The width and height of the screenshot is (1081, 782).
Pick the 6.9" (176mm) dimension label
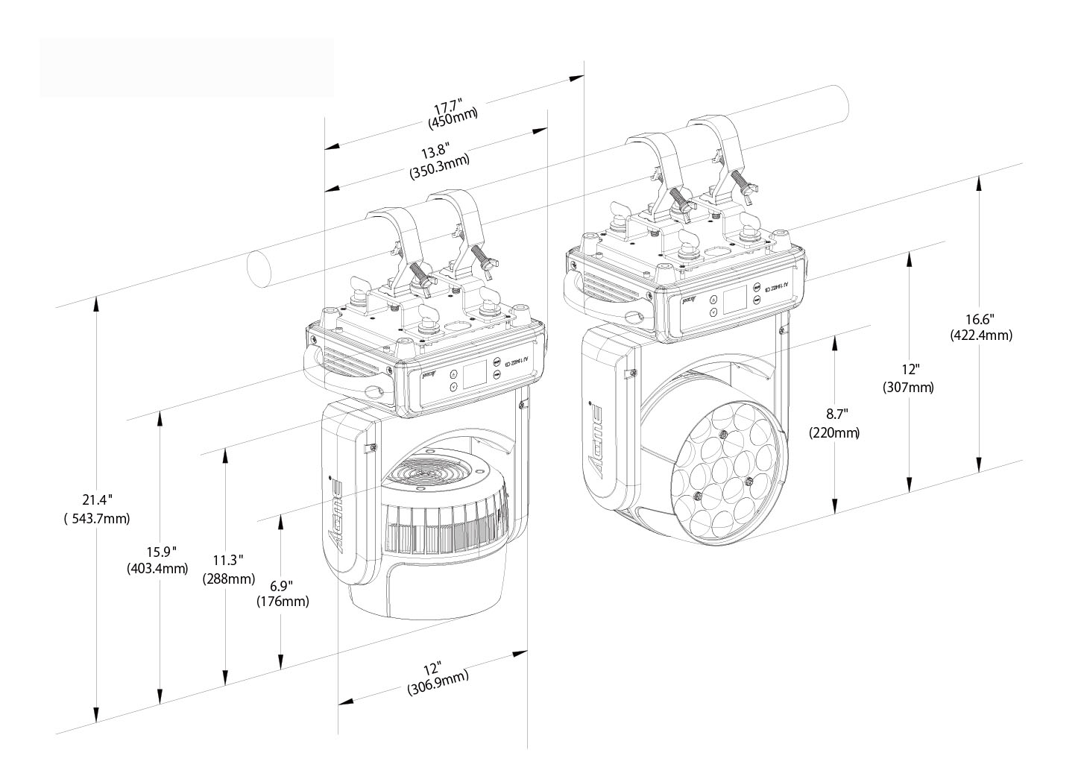point(282,593)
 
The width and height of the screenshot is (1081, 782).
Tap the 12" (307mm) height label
point(908,378)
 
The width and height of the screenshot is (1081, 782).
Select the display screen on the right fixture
point(734,300)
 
